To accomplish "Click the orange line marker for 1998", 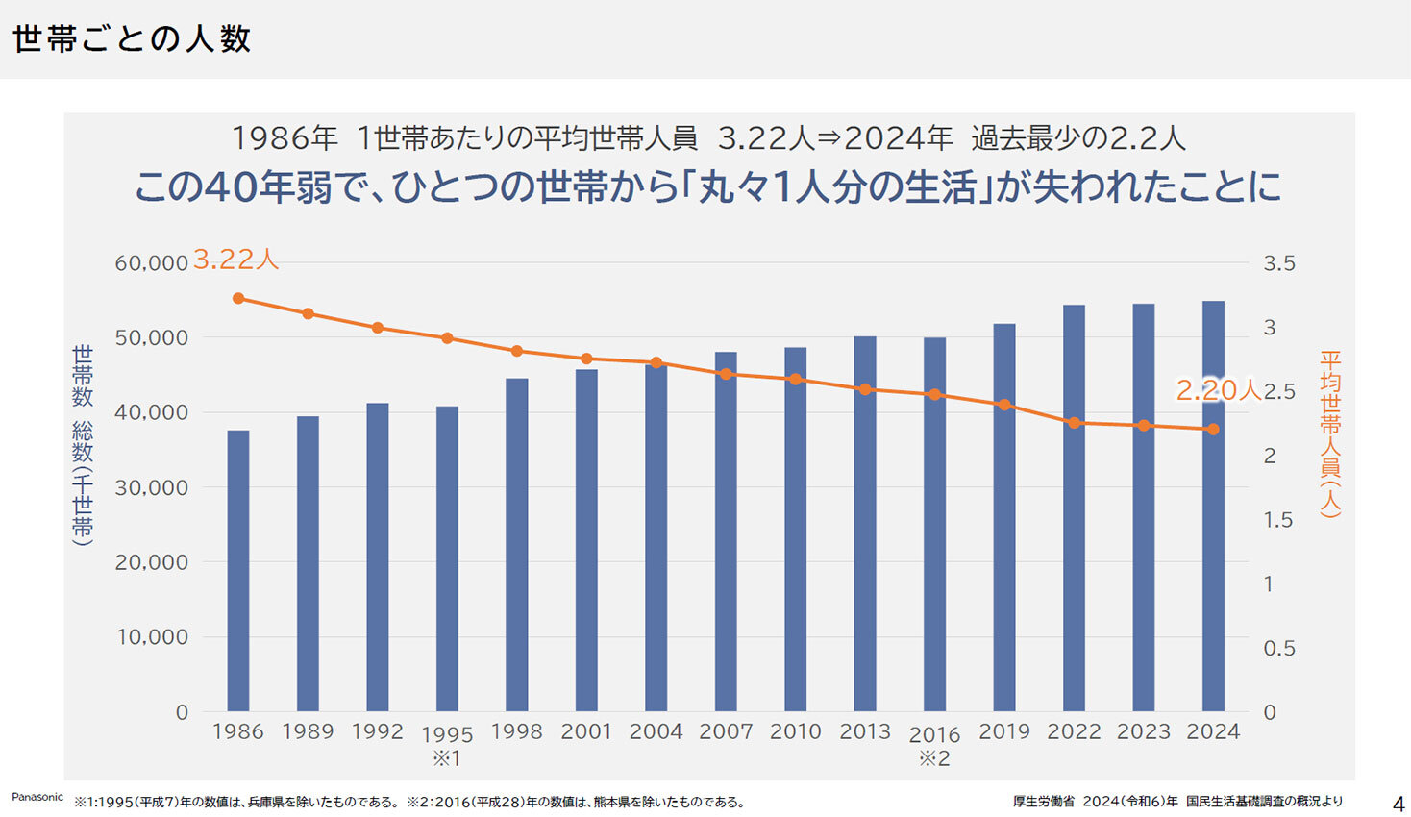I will pyautogui.click(x=517, y=351).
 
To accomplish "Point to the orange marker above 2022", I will pyautogui.click(x=1074, y=423).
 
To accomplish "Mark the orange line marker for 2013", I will pyautogui.click(x=865, y=389).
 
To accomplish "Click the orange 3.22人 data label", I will pyautogui.click(x=235, y=260).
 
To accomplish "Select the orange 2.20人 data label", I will pyautogui.click(x=1218, y=389).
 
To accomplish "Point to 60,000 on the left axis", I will pyautogui.click(x=151, y=263).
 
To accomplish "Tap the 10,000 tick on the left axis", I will pyautogui.click(x=152, y=637).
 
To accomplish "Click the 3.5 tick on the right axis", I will pyautogui.click(x=1279, y=263).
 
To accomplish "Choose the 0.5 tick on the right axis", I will pyautogui.click(x=1279, y=649).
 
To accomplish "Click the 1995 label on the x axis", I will pyautogui.click(x=447, y=735).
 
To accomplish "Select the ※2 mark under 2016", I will pyautogui.click(x=934, y=759).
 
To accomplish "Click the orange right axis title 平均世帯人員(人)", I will pyautogui.click(x=1329, y=433).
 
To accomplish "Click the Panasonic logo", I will pyautogui.click(x=37, y=797).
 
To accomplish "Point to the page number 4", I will pyautogui.click(x=1399, y=804).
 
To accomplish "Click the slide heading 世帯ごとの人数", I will pyautogui.click(x=132, y=39).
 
